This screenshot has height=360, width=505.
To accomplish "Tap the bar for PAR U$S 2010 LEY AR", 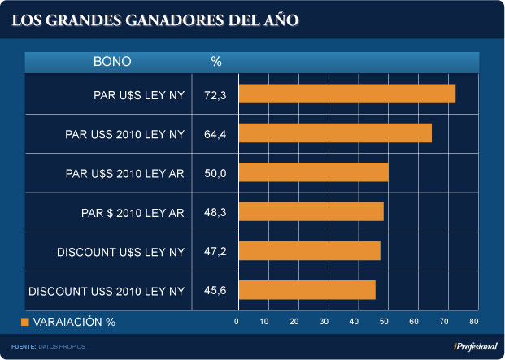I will click(313, 172).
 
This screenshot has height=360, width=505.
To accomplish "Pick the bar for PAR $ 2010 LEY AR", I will click(311, 211).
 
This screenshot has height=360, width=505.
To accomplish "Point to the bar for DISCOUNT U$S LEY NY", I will click(309, 250).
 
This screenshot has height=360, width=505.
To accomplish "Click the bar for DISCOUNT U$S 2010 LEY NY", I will click(307, 289).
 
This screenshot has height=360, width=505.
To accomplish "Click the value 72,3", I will click(215, 95).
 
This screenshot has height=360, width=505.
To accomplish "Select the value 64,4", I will click(215, 134).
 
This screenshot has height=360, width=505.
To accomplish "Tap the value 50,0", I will click(215, 173).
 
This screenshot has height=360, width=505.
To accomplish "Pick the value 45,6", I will click(215, 290).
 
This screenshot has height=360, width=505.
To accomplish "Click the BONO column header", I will click(112, 62).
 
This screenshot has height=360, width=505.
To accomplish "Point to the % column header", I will click(216, 62).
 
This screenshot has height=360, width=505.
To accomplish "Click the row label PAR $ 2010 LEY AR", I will click(129, 213).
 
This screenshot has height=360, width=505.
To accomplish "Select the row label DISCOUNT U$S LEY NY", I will click(121, 252).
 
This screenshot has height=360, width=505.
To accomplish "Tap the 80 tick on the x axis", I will click(473, 322).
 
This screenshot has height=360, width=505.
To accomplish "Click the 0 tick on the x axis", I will click(237, 322).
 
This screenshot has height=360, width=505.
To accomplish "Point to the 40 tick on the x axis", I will click(355, 322).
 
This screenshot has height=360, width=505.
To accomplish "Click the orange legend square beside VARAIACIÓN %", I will click(24, 322).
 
